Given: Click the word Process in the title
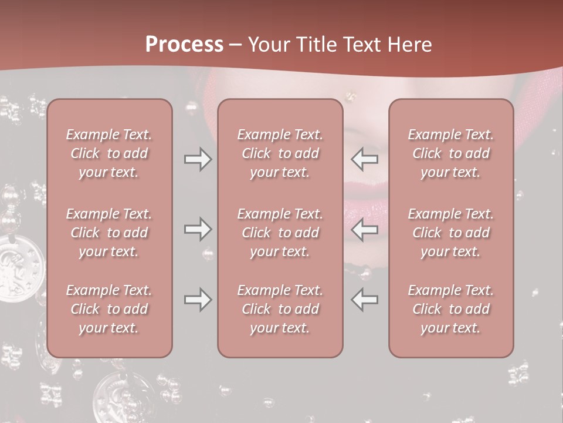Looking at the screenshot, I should (184, 44).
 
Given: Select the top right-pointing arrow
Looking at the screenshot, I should (198, 159).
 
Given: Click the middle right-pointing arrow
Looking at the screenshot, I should (198, 229).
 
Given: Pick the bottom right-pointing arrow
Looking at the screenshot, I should (198, 300).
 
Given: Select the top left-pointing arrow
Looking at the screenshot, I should (364, 159).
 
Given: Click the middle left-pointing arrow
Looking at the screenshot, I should (364, 229).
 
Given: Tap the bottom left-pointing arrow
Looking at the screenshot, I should (364, 300).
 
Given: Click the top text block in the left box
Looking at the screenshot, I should (109, 153).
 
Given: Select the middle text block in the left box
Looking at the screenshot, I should (109, 233).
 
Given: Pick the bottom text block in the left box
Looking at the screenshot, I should (109, 309).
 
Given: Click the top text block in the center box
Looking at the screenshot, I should (280, 153).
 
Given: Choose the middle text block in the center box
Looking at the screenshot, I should (280, 233).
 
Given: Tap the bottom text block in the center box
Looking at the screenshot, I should (280, 309).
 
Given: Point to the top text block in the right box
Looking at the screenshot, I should (451, 153).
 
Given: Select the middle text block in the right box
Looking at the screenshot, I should (451, 233).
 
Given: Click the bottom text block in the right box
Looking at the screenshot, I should (451, 309).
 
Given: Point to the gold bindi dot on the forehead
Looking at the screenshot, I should (351, 94).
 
